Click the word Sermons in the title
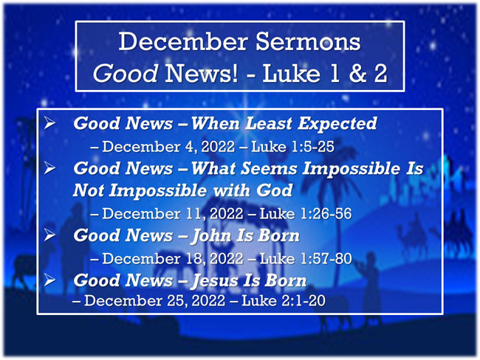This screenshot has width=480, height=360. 308,41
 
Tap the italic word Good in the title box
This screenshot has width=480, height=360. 126,74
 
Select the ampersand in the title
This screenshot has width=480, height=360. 358,74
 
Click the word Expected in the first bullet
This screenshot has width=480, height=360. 337,124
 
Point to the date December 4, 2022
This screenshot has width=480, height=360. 168,147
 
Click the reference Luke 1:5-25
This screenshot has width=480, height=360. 292,147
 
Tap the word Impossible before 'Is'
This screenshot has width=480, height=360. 352,169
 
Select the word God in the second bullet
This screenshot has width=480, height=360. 275,190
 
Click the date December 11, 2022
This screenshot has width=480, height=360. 173,213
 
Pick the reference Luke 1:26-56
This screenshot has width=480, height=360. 306,213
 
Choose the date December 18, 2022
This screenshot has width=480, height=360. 173,258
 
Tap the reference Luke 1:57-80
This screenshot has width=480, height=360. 306,258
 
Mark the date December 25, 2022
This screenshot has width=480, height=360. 154,301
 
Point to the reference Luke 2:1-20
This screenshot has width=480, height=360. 284,301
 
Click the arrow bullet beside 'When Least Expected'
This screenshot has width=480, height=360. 49,123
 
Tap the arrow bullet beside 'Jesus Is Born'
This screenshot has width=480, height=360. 49,280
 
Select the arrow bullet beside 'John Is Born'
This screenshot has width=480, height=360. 49,235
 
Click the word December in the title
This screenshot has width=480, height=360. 183,41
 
